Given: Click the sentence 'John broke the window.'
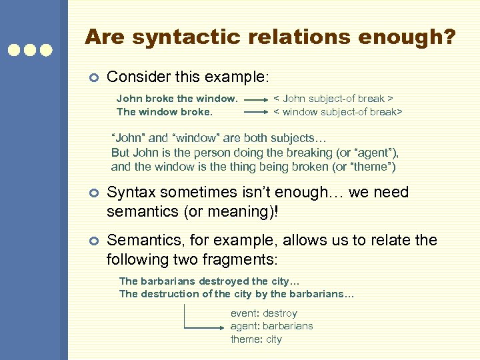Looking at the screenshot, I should (177, 99).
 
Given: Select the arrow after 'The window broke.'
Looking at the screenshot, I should (256, 112).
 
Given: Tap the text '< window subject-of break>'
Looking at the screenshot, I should (338, 111).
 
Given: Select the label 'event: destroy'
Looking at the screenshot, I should (264, 313).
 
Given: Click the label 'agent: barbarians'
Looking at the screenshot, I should (271, 326).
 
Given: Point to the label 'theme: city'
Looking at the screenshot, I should (256, 339).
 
